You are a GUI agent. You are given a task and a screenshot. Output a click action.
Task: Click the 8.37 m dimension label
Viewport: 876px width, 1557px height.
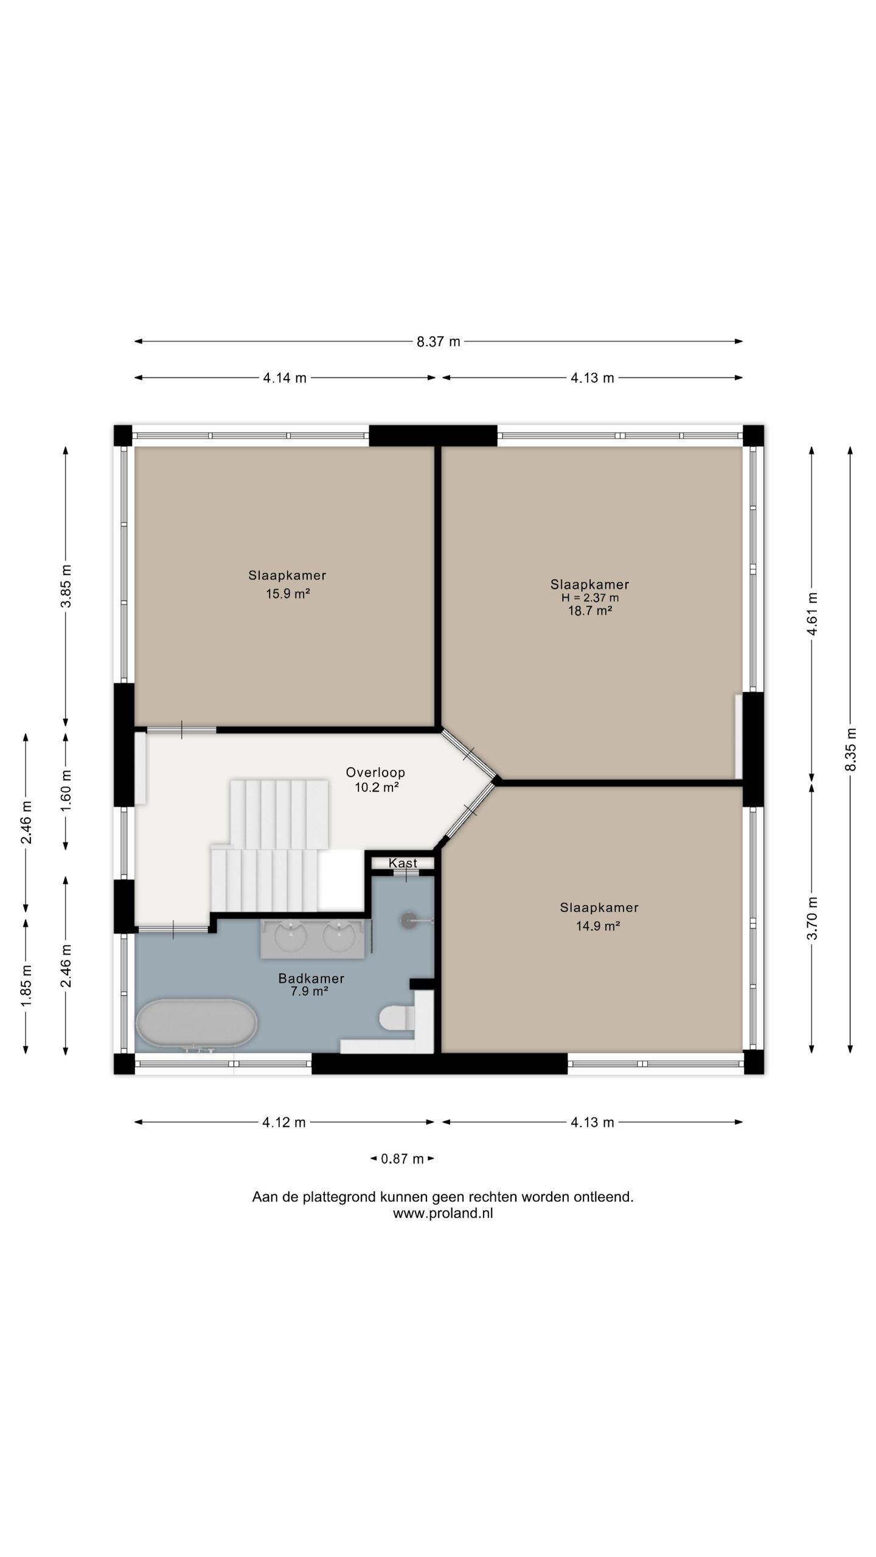(438, 342)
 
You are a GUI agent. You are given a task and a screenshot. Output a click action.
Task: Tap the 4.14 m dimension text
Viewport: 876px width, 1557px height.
(285, 378)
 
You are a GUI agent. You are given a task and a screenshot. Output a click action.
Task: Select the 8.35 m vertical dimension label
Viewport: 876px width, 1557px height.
(850, 749)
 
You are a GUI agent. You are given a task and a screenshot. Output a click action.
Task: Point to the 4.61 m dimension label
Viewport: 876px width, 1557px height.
(812, 614)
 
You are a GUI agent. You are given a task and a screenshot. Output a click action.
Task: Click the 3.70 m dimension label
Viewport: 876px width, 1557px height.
(812, 918)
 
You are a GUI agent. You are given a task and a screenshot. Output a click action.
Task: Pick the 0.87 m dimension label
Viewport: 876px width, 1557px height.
(402, 1159)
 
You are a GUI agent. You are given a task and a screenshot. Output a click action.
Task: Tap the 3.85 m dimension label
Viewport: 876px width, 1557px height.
(66, 586)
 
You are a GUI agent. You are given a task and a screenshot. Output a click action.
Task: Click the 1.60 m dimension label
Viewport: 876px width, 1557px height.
(66, 789)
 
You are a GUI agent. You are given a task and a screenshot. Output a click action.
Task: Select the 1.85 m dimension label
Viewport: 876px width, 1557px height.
(26, 985)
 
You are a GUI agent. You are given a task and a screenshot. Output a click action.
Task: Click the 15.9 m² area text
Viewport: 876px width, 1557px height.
(288, 594)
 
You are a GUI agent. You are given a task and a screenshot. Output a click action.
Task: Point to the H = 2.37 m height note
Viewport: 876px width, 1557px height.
(590, 598)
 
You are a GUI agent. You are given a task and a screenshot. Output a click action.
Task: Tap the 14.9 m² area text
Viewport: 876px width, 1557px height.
(598, 926)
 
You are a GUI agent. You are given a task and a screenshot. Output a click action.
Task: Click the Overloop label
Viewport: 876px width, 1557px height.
(375, 772)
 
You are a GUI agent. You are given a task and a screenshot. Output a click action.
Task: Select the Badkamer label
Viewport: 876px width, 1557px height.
(311, 979)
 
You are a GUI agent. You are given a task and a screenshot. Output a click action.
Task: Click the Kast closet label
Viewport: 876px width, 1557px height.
(403, 863)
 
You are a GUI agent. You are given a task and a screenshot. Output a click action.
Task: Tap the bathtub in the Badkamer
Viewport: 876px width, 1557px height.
(196, 1024)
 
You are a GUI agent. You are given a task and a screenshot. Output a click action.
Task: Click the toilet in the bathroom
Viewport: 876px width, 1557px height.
(397, 1018)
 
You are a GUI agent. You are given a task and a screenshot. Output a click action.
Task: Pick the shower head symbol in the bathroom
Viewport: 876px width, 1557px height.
(409, 920)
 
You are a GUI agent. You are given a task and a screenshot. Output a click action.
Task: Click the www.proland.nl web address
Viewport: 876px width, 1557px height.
(443, 1213)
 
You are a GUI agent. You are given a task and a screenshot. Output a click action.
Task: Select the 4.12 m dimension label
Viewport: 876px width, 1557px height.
(284, 1122)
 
